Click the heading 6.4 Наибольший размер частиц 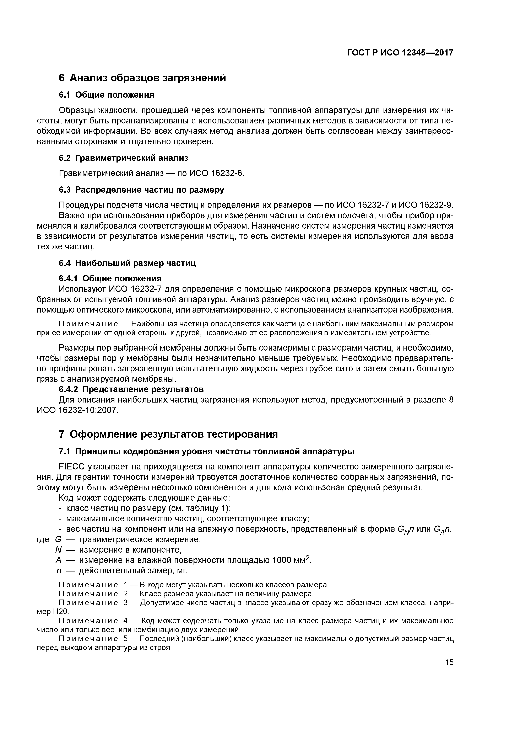(x=127, y=263)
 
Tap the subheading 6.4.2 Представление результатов (x=131, y=389)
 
